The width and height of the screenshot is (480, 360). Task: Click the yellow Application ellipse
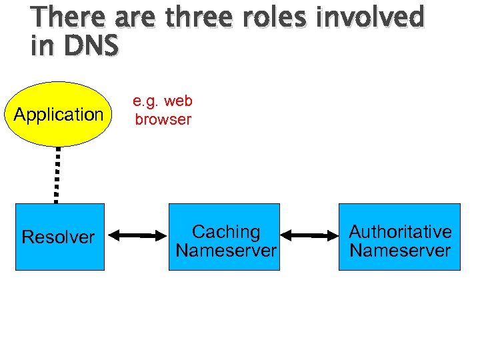(x=59, y=133)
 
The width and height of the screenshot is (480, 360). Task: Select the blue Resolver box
(x=60, y=253)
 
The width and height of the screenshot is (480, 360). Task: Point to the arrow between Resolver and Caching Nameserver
(x=137, y=235)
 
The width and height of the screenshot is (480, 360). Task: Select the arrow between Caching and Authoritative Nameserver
(x=309, y=235)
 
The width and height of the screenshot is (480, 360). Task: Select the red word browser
(x=163, y=120)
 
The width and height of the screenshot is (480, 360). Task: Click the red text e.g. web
(x=163, y=101)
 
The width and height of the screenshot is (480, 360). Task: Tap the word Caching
(x=226, y=232)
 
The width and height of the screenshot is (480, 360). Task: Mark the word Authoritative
(x=400, y=232)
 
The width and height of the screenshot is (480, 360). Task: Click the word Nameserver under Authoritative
(x=400, y=251)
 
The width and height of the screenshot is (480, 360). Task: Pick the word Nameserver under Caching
(x=226, y=251)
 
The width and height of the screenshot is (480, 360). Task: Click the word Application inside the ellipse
(x=59, y=115)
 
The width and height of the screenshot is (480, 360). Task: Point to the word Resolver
(x=59, y=237)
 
